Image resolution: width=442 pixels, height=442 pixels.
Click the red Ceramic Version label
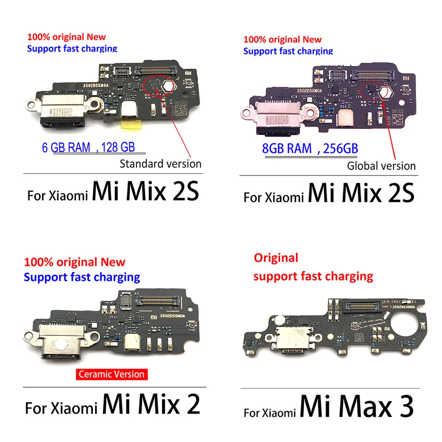[x=111, y=374]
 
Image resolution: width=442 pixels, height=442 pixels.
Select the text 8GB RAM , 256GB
[x=310, y=149]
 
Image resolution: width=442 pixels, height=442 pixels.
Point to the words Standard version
[x=160, y=164]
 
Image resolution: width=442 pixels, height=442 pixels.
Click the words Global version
[x=381, y=166]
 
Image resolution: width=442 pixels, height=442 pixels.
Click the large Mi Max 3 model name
[x=357, y=405]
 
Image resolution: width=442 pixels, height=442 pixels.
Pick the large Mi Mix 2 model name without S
[x=151, y=403]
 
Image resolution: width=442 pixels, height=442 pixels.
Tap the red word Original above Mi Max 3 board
[x=276, y=257]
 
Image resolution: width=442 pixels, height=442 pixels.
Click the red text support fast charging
[x=313, y=277]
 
